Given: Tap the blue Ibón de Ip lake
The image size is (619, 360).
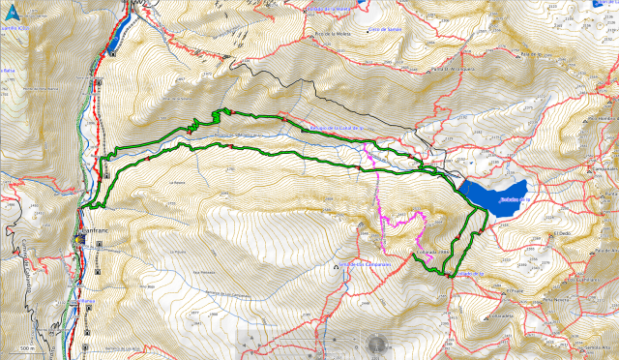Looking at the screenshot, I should coord(495,195).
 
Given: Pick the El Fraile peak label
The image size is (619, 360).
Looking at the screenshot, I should coord(516,289).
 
